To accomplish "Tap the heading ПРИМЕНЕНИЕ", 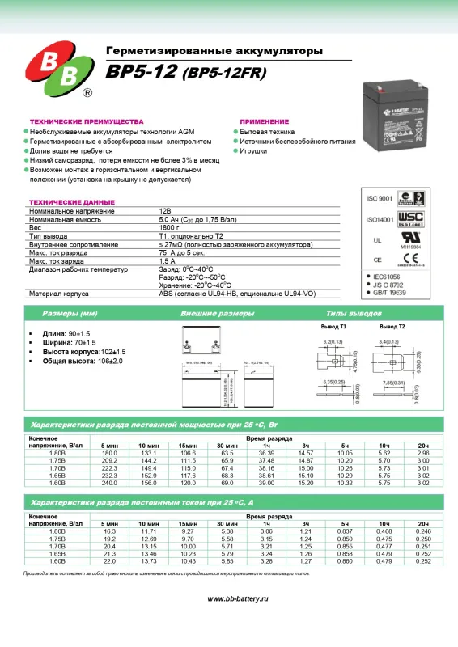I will point(264,120).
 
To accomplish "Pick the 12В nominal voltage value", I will point(165,211).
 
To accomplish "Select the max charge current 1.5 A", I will point(167,261).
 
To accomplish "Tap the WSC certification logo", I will point(411,218).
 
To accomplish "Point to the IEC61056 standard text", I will point(389,277).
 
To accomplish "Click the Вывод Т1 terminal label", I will point(333,327).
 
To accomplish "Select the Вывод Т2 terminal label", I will point(392,327).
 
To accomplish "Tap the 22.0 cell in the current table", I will point(109,560).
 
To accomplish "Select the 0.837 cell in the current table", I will point(345,531).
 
